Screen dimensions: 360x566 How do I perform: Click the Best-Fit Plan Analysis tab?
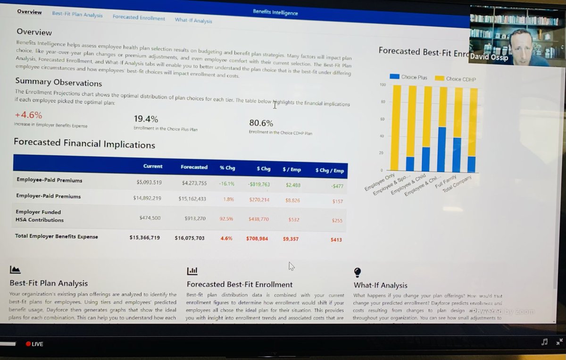pos(77,15)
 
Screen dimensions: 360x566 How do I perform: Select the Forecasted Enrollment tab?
pos(139,18)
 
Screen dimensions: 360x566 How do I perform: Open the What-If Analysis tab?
pos(193,20)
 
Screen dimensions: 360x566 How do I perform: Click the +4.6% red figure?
pos(28,115)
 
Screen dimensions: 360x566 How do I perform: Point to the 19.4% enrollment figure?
pos(146,119)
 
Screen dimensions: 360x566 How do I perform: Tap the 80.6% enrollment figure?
pos(261,123)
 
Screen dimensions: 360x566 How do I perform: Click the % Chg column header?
pos(227,168)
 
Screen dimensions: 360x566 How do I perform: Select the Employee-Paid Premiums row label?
pos(49,180)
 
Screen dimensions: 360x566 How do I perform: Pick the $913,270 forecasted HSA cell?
pos(195,218)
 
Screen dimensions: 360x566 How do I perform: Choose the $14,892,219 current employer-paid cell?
pos(147,198)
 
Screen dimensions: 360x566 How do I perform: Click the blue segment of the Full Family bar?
pos(457,155)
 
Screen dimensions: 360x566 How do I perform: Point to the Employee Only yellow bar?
pos(396,127)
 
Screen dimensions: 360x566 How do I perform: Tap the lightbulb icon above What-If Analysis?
pos(358,272)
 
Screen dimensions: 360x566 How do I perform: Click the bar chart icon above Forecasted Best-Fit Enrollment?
pos(192,271)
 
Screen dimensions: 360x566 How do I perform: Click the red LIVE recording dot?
pos(28,344)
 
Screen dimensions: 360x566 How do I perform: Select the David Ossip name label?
pos(489,58)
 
